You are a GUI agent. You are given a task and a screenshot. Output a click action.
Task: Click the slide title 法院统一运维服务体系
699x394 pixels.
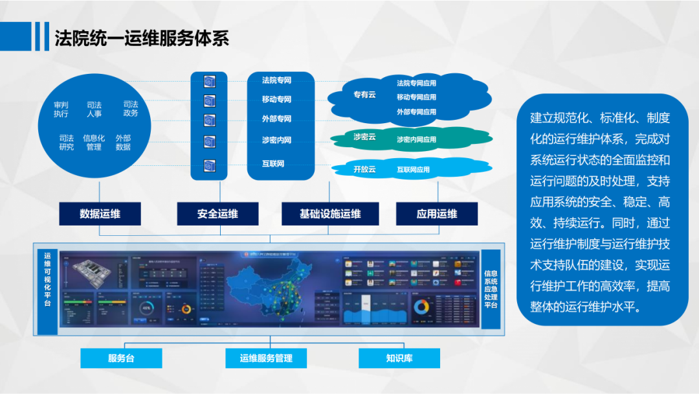(x=141, y=38)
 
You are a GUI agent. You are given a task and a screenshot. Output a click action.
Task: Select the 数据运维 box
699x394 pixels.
(x=100, y=214)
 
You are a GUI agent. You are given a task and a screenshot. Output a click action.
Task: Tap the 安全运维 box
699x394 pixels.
(x=217, y=214)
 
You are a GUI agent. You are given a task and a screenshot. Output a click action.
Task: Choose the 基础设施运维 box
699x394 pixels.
(x=330, y=214)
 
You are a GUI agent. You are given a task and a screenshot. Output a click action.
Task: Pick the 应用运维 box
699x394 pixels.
(x=437, y=214)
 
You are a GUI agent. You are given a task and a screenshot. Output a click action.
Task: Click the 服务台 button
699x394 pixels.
(x=121, y=358)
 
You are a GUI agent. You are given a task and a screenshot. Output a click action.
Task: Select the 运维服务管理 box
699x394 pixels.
(x=266, y=358)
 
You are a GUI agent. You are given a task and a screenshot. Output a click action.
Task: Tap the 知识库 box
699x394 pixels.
(x=399, y=358)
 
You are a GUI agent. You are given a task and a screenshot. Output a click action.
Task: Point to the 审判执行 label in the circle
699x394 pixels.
(x=61, y=109)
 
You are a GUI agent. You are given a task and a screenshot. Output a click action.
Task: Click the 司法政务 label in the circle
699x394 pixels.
(x=131, y=109)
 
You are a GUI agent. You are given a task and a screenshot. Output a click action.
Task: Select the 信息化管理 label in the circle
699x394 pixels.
(x=94, y=143)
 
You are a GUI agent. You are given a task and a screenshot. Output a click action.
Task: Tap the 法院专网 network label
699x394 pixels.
(x=276, y=80)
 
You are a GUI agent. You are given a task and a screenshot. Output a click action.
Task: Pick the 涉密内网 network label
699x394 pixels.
(x=276, y=140)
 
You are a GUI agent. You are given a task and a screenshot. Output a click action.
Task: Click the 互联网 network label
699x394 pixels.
(x=273, y=164)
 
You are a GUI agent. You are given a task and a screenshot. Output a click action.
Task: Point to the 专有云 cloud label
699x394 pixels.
(x=364, y=95)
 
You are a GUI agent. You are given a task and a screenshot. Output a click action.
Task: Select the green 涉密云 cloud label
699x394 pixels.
(x=364, y=137)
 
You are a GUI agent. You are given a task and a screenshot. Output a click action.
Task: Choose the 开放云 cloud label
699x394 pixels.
(x=364, y=169)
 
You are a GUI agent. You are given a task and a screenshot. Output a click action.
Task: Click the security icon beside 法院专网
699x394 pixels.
(x=209, y=81)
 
